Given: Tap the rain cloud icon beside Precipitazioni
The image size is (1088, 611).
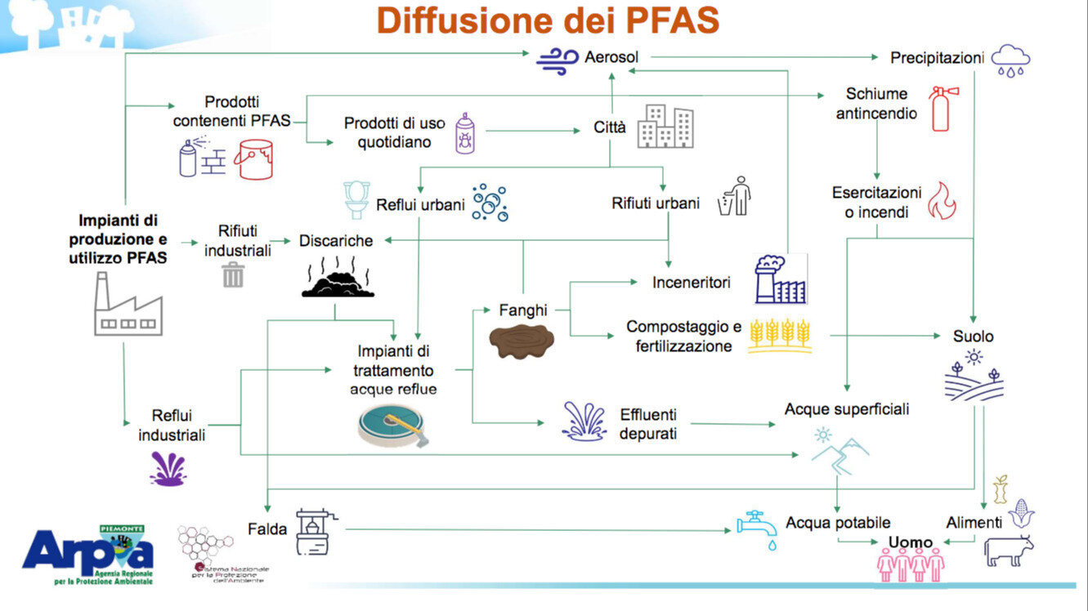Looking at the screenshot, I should (x=1010, y=60).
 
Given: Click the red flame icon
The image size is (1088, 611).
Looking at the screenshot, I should (x=942, y=200).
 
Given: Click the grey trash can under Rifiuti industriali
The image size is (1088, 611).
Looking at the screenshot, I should (x=233, y=274).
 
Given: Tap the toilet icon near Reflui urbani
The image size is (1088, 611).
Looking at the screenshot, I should (x=356, y=200).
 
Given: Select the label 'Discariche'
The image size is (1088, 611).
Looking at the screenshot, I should (x=336, y=241).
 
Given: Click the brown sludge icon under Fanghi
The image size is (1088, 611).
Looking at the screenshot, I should (x=521, y=340).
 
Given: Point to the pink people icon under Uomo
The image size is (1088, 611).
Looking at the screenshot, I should (x=910, y=564).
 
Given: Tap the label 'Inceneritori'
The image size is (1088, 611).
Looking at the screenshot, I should (x=691, y=283).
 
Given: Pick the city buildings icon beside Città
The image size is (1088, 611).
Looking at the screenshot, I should (x=665, y=126).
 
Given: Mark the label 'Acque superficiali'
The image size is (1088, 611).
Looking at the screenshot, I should (x=846, y=408).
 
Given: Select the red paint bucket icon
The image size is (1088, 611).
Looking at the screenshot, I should (x=253, y=158).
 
